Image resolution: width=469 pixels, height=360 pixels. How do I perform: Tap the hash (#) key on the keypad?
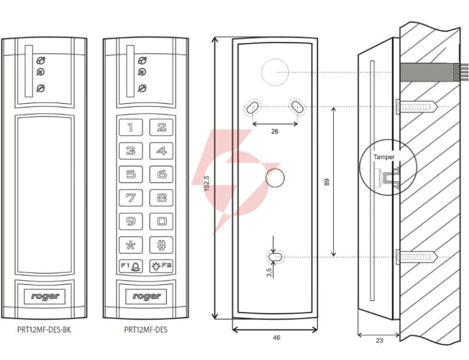click(161, 245)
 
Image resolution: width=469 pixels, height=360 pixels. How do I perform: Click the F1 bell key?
click(131, 266)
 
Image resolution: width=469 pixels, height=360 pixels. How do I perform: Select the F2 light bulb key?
click(161, 266)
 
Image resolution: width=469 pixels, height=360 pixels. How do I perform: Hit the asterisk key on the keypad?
click(131, 245)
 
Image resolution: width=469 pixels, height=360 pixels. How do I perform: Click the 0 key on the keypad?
click(161, 221)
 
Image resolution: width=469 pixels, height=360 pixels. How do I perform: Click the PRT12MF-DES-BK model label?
click(44, 329)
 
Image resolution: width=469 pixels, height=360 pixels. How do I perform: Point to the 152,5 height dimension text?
click(207, 183)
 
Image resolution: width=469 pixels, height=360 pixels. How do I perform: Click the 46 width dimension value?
click(276, 337)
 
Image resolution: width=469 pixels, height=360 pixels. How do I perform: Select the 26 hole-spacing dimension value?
click(275, 131)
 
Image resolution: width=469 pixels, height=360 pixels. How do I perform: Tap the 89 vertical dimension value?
click(326, 182)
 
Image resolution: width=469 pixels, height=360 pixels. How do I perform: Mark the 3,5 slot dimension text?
click(269, 272)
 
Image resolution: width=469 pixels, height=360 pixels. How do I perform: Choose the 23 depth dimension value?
click(380, 340)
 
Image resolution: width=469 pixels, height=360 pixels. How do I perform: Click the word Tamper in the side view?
click(384, 157)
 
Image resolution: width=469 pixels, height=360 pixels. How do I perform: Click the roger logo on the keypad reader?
click(146, 296)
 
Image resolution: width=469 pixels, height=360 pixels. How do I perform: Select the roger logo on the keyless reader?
click(44, 296)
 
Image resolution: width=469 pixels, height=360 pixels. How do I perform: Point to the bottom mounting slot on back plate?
click(275, 257)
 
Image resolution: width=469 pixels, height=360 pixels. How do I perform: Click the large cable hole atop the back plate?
click(275, 72)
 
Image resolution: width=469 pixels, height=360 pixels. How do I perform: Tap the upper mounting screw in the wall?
click(417, 106)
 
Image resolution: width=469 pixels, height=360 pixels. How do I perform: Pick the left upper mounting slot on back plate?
click(253, 107)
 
